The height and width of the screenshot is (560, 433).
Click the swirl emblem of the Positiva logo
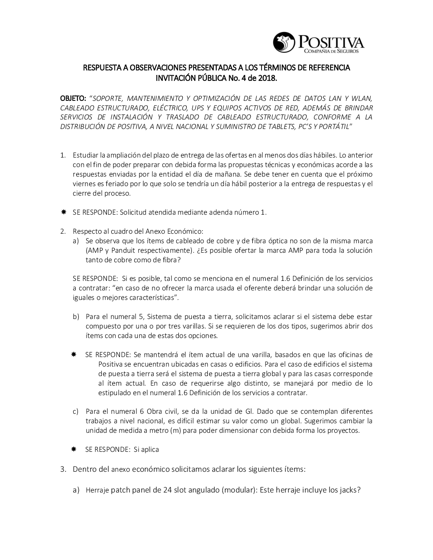[x=283, y=42]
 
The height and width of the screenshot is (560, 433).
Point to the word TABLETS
[x=281, y=126]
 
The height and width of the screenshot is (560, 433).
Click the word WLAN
[x=360, y=98]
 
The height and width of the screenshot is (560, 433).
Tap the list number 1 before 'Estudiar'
[x=62, y=155]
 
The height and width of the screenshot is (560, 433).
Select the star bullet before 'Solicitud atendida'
[x=63, y=212]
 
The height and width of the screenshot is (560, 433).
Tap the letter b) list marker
[x=76, y=317]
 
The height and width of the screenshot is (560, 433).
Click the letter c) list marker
[x=76, y=411]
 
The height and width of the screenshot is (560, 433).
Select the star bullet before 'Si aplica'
[x=74, y=449]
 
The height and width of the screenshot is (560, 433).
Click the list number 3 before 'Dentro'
[x=62, y=469]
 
